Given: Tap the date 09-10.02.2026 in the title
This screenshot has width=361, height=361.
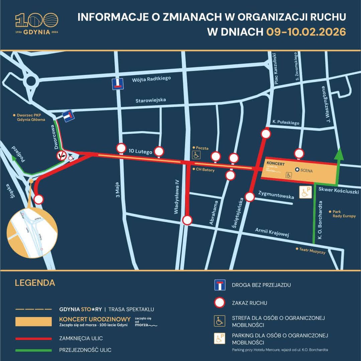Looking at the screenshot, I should (x=306, y=32).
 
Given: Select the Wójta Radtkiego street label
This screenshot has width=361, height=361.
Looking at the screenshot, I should (x=151, y=79).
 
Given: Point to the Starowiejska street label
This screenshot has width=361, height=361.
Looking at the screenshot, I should (x=150, y=100).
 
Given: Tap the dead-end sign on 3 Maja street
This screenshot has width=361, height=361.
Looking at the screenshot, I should (x=117, y=84).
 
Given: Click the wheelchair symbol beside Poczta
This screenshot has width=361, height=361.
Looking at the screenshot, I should (x=196, y=154).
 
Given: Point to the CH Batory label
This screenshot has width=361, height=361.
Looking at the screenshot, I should (x=205, y=170).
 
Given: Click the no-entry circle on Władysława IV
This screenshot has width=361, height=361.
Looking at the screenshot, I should (x=188, y=220).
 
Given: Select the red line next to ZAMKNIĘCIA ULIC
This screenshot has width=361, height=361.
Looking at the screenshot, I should (x=33, y=339).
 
